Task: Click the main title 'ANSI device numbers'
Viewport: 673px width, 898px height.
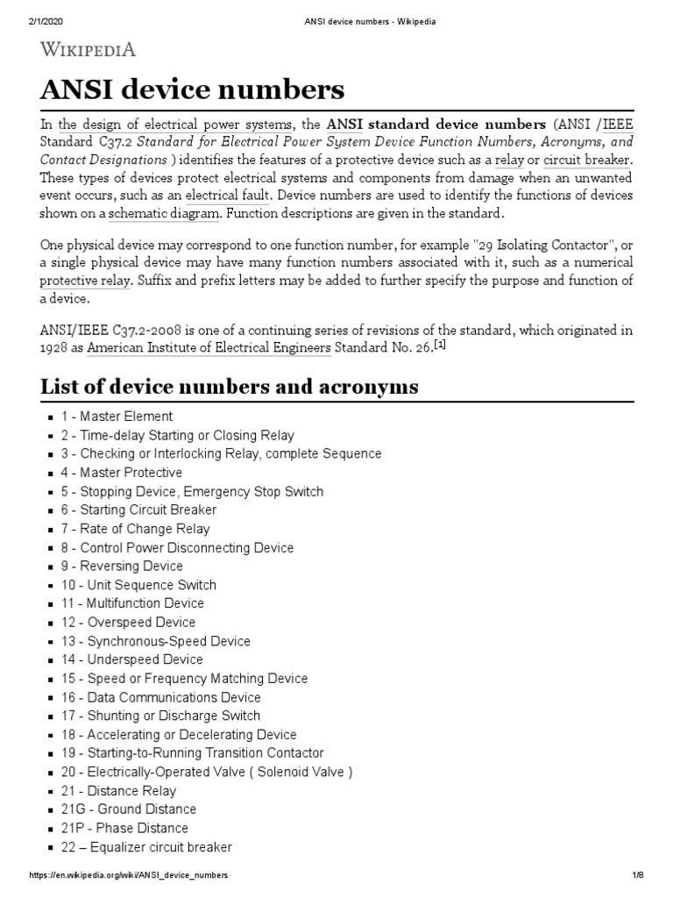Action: pyautogui.click(x=192, y=90)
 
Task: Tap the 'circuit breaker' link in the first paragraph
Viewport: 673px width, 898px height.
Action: pyautogui.click(x=587, y=160)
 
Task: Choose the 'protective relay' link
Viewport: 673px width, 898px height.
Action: pyautogui.click(x=85, y=281)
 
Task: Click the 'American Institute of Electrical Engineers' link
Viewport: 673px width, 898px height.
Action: pyautogui.click(x=209, y=348)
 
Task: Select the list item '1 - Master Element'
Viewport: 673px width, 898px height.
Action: pyautogui.click(x=117, y=417)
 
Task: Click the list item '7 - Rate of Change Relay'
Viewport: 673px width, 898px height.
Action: pyautogui.click(x=135, y=529)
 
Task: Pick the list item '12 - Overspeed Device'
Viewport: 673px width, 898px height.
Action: pyautogui.click(x=128, y=622)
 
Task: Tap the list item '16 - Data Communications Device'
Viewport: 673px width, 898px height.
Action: pyautogui.click(x=160, y=697)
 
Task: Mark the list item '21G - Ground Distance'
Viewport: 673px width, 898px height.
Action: pyautogui.click(x=128, y=809)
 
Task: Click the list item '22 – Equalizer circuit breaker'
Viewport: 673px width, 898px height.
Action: pyautogui.click(x=146, y=847)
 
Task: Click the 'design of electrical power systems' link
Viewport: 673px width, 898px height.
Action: pyautogui.click(x=176, y=125)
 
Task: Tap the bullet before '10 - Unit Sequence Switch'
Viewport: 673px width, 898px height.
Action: pyautogui.click(x=52, y=586)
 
